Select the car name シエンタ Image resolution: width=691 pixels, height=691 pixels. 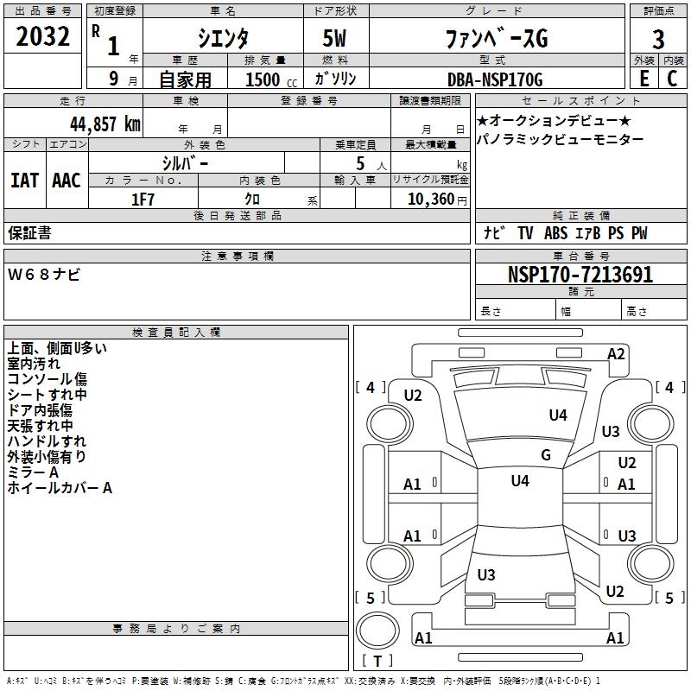(221, 39)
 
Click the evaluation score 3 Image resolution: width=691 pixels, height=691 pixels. (658, 40)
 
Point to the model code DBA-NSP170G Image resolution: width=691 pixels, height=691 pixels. (495, 79)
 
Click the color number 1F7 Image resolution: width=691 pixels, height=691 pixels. (143, 199)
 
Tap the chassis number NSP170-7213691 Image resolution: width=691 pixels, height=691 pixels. (580, 275)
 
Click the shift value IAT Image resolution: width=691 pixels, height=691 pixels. (24, 180)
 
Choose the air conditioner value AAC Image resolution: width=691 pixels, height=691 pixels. (66, 180)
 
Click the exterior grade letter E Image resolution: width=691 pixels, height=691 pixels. (643, 78)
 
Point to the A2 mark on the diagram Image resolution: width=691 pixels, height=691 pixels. (616, 353)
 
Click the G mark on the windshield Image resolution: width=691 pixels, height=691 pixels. (545, 455)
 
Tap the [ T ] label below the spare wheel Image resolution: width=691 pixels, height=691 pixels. (377, 662)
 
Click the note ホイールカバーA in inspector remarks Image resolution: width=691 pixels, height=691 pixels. (60, 488)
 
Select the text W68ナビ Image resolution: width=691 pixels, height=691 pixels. (44, 275)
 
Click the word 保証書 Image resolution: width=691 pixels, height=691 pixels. (29, 233)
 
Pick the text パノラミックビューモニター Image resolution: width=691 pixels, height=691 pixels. (560, 139)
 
